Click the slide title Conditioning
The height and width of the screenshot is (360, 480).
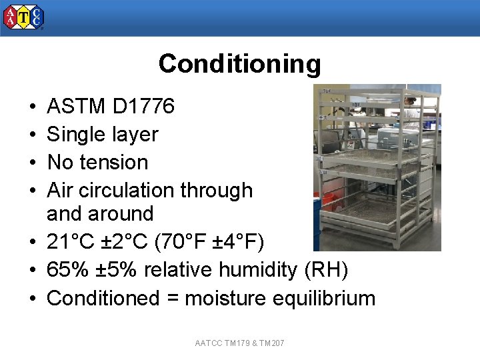[239, 64]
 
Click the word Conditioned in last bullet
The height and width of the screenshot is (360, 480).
[103, 298]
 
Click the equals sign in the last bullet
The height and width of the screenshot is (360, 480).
[172, 299]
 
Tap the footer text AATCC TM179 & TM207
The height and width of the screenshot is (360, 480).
[239, 343]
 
